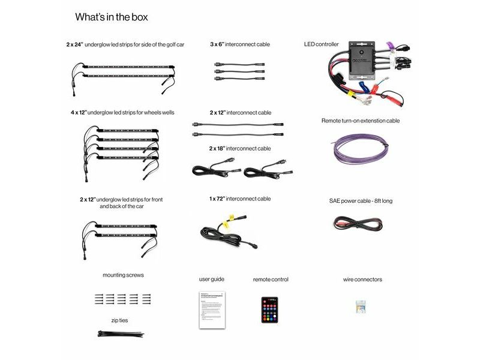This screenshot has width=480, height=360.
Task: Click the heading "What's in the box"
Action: pos(112,17)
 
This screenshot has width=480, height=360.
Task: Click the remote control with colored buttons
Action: pos(269,310)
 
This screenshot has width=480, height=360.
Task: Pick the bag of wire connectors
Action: pos(362,306)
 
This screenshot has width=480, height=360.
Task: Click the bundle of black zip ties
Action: pos(120,333)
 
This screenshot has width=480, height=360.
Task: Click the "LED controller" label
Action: pos(322,44)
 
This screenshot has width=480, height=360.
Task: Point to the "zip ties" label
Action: pos(119,320)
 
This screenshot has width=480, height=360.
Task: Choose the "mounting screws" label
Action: pos(123,275)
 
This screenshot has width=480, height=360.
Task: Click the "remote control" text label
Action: pos(271,280)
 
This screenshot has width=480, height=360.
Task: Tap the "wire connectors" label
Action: pos(362,280)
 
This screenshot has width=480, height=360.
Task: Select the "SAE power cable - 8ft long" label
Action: pos(361,201)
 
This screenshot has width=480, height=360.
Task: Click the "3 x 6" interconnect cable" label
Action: pos(240,44)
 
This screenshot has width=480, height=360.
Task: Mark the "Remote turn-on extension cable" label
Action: pos(361,121)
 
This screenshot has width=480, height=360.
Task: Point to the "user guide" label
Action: pos(212,279)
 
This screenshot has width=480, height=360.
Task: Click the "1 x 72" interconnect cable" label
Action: pos(240,199)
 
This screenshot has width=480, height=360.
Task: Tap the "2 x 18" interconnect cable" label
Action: pos(240,148)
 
